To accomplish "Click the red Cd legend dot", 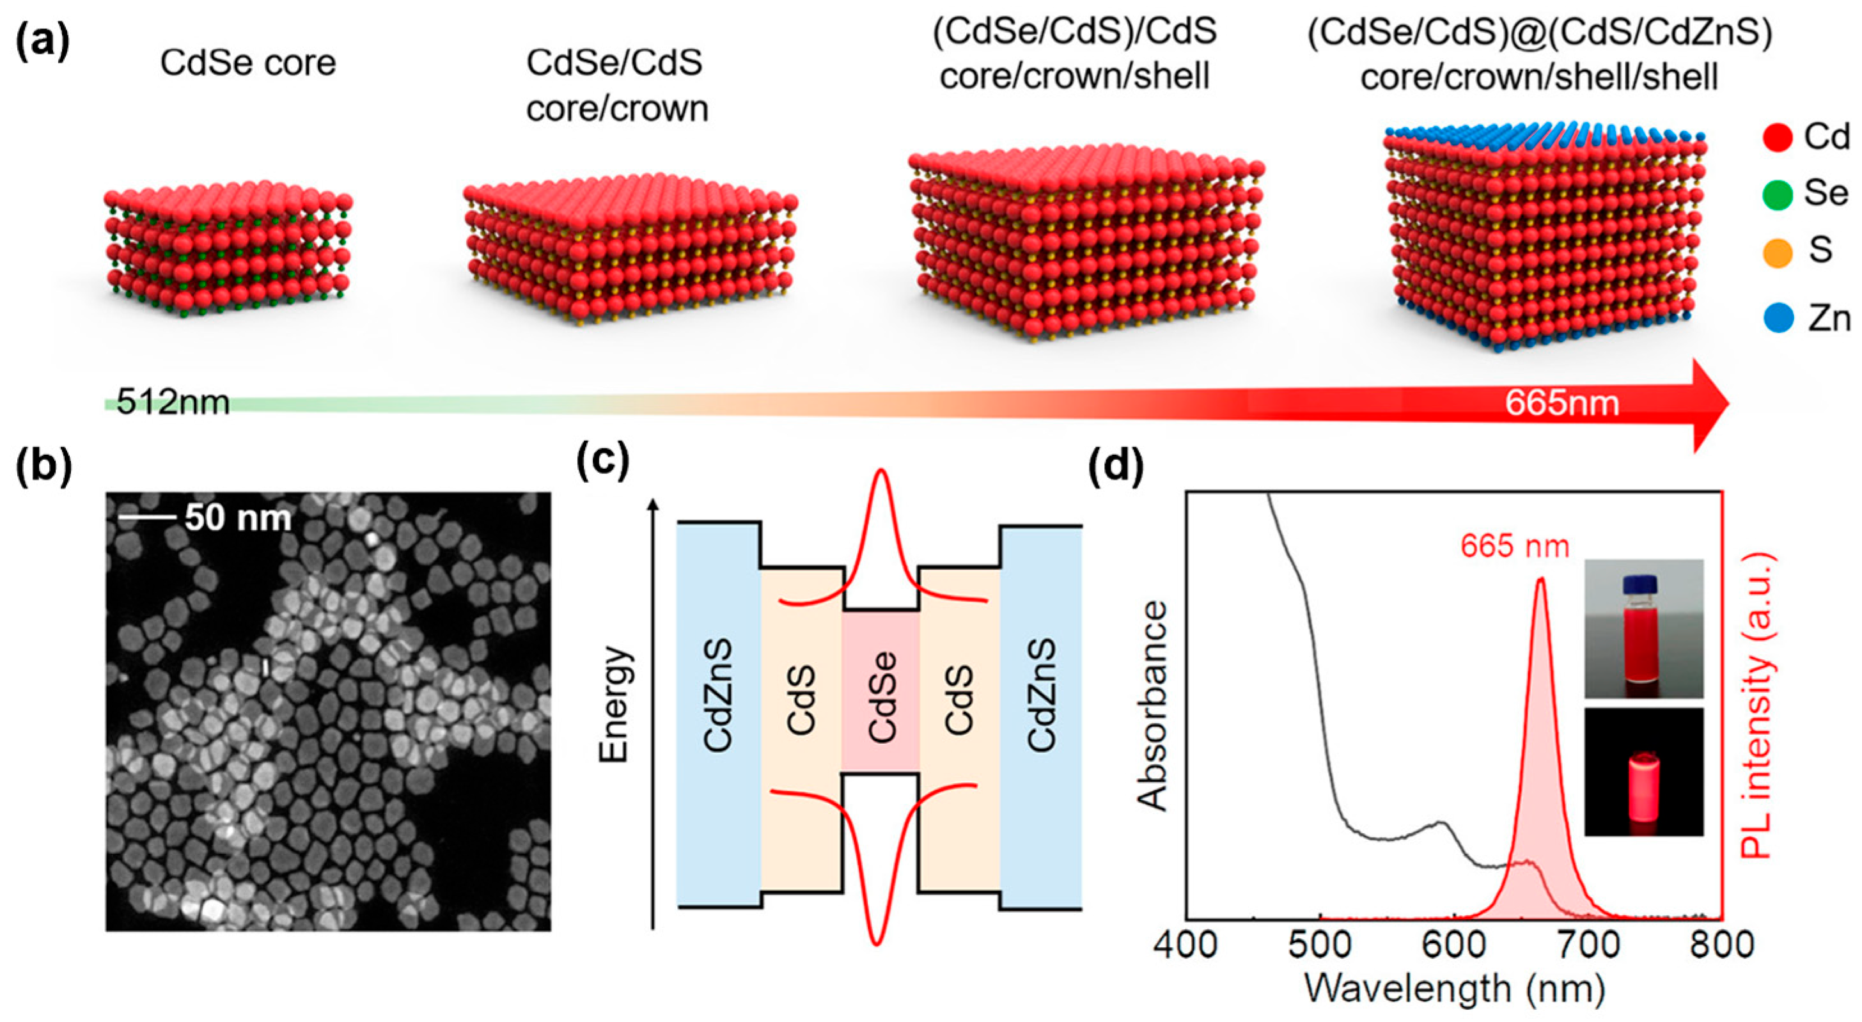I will click(x=1778, y=138).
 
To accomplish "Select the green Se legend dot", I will click(x=1778, y=194).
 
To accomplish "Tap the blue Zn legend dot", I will click(x=1778, y=318).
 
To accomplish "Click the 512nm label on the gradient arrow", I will click(x=173, y=402).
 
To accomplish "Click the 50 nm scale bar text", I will click(x=238, y=517).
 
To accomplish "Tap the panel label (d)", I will click(x=1116, y=466).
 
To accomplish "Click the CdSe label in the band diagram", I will click(x=882, y=696).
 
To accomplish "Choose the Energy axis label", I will click(x=615, y=704).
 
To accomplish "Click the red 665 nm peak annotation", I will click(x=1514, y=546).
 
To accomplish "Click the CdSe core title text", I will click(x=248, y=63).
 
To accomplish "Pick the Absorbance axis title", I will click(x=1153, y=705).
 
